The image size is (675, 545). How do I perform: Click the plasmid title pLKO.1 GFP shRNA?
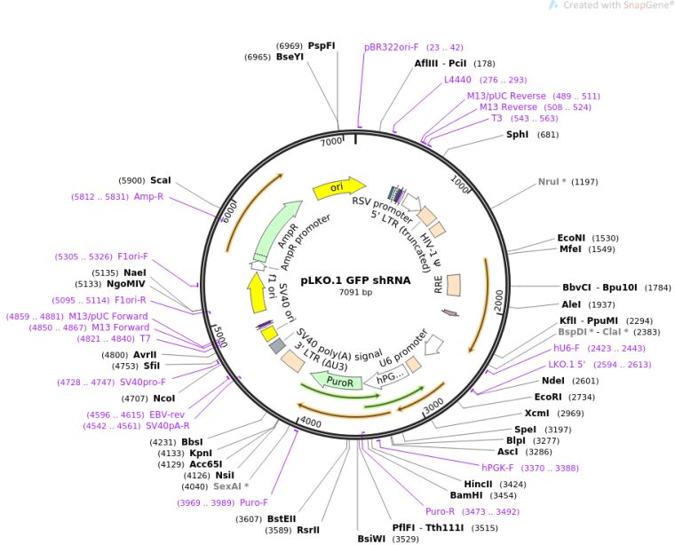pos(355,280)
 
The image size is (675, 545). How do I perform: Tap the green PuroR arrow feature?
pos(336,381)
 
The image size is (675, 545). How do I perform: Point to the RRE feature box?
pos(454,285)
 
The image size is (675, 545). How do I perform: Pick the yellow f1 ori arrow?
pos(256,293)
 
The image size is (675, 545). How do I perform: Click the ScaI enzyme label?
pos(161,181)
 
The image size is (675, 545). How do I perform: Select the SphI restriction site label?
pos(518,135)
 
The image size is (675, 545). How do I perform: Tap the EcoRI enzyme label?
pos(548,397)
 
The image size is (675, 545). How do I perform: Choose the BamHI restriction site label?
pos(466,495)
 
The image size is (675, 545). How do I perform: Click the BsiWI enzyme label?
pos(371,539)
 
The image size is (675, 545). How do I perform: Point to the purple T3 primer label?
pos(496,118)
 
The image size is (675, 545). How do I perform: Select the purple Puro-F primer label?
pos(254,502)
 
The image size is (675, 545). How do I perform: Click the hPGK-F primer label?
pos(497,468)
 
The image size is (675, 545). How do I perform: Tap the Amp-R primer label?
pos(148,196)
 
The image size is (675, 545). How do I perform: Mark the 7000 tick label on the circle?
pos(331,141)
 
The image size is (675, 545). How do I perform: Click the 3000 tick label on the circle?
pos(433,406)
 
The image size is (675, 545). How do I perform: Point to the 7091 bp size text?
pos(355,293)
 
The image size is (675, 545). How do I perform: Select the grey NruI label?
pos(552,182)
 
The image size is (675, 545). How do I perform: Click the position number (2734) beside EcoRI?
pos(582,398)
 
